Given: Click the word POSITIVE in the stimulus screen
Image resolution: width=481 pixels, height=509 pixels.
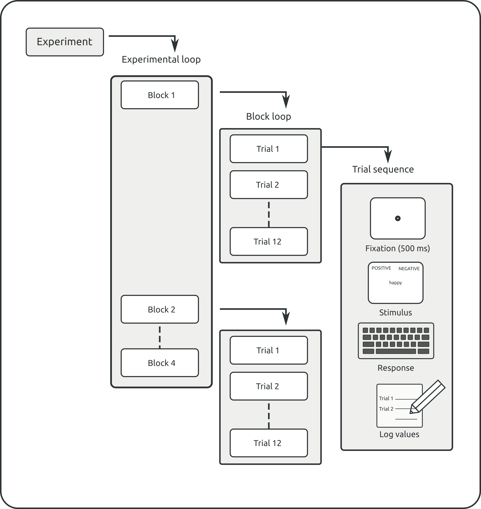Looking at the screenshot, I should (x=381, y=268).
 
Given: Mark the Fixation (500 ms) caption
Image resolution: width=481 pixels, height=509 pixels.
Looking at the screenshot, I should (x=397, y=248).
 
